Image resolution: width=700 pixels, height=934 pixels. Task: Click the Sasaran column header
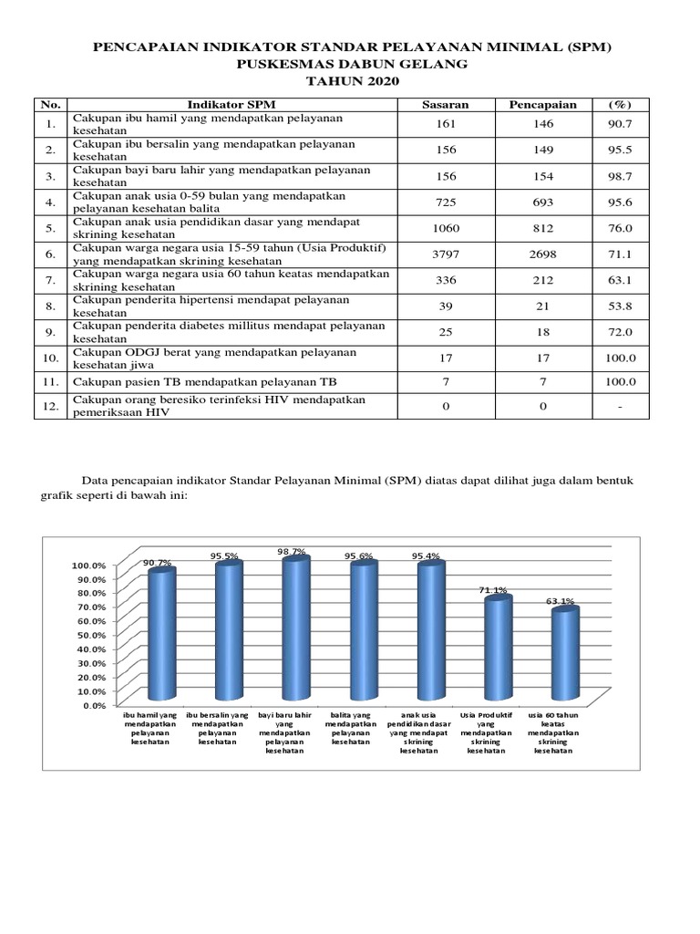point(446,104)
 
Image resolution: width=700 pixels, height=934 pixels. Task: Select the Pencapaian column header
point(542,104)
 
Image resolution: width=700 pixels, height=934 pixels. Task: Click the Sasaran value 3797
point(446,256)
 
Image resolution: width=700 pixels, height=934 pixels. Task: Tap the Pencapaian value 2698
point(542,256)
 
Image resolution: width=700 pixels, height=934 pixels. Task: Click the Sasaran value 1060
point(446,230)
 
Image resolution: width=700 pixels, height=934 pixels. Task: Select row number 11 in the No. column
point(50,381)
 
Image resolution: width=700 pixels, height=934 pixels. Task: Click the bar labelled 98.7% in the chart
point(293,629)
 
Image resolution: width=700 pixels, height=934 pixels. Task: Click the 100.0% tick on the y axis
point(88,565)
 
